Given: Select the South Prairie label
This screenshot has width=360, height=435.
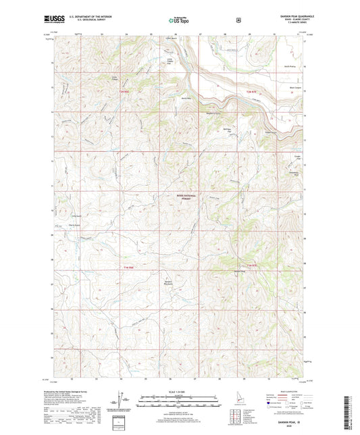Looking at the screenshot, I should tap(290, 66).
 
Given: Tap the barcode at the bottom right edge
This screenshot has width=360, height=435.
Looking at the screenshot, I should tap(352, 412).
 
